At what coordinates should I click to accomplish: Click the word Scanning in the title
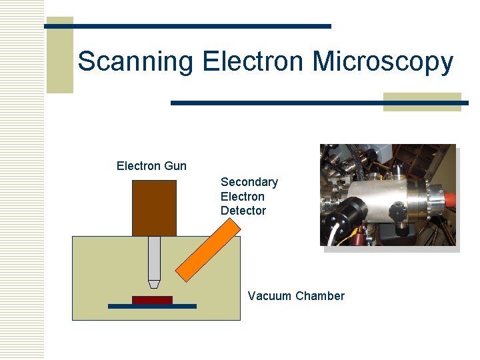[x=135, y=62]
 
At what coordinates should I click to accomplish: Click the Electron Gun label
[x=151, y=166]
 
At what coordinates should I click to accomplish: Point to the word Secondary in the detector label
[x=249, y=182]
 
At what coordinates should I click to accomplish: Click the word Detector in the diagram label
[x=243, y=211]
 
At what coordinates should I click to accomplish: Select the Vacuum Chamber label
[x=296, y=296]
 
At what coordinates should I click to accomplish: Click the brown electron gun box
[x=154, y=208]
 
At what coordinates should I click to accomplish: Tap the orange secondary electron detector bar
[x=207, y=249]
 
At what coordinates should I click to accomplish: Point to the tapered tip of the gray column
[x=154, y=285]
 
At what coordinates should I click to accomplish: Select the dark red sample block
[x=152, y=300]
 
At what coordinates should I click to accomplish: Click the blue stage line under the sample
[x=152, y=307]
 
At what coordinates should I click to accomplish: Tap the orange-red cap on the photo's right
[x=445, y=198]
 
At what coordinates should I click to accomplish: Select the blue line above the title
[x=187, y=26]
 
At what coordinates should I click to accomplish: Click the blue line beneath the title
[x=319, y=103]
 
